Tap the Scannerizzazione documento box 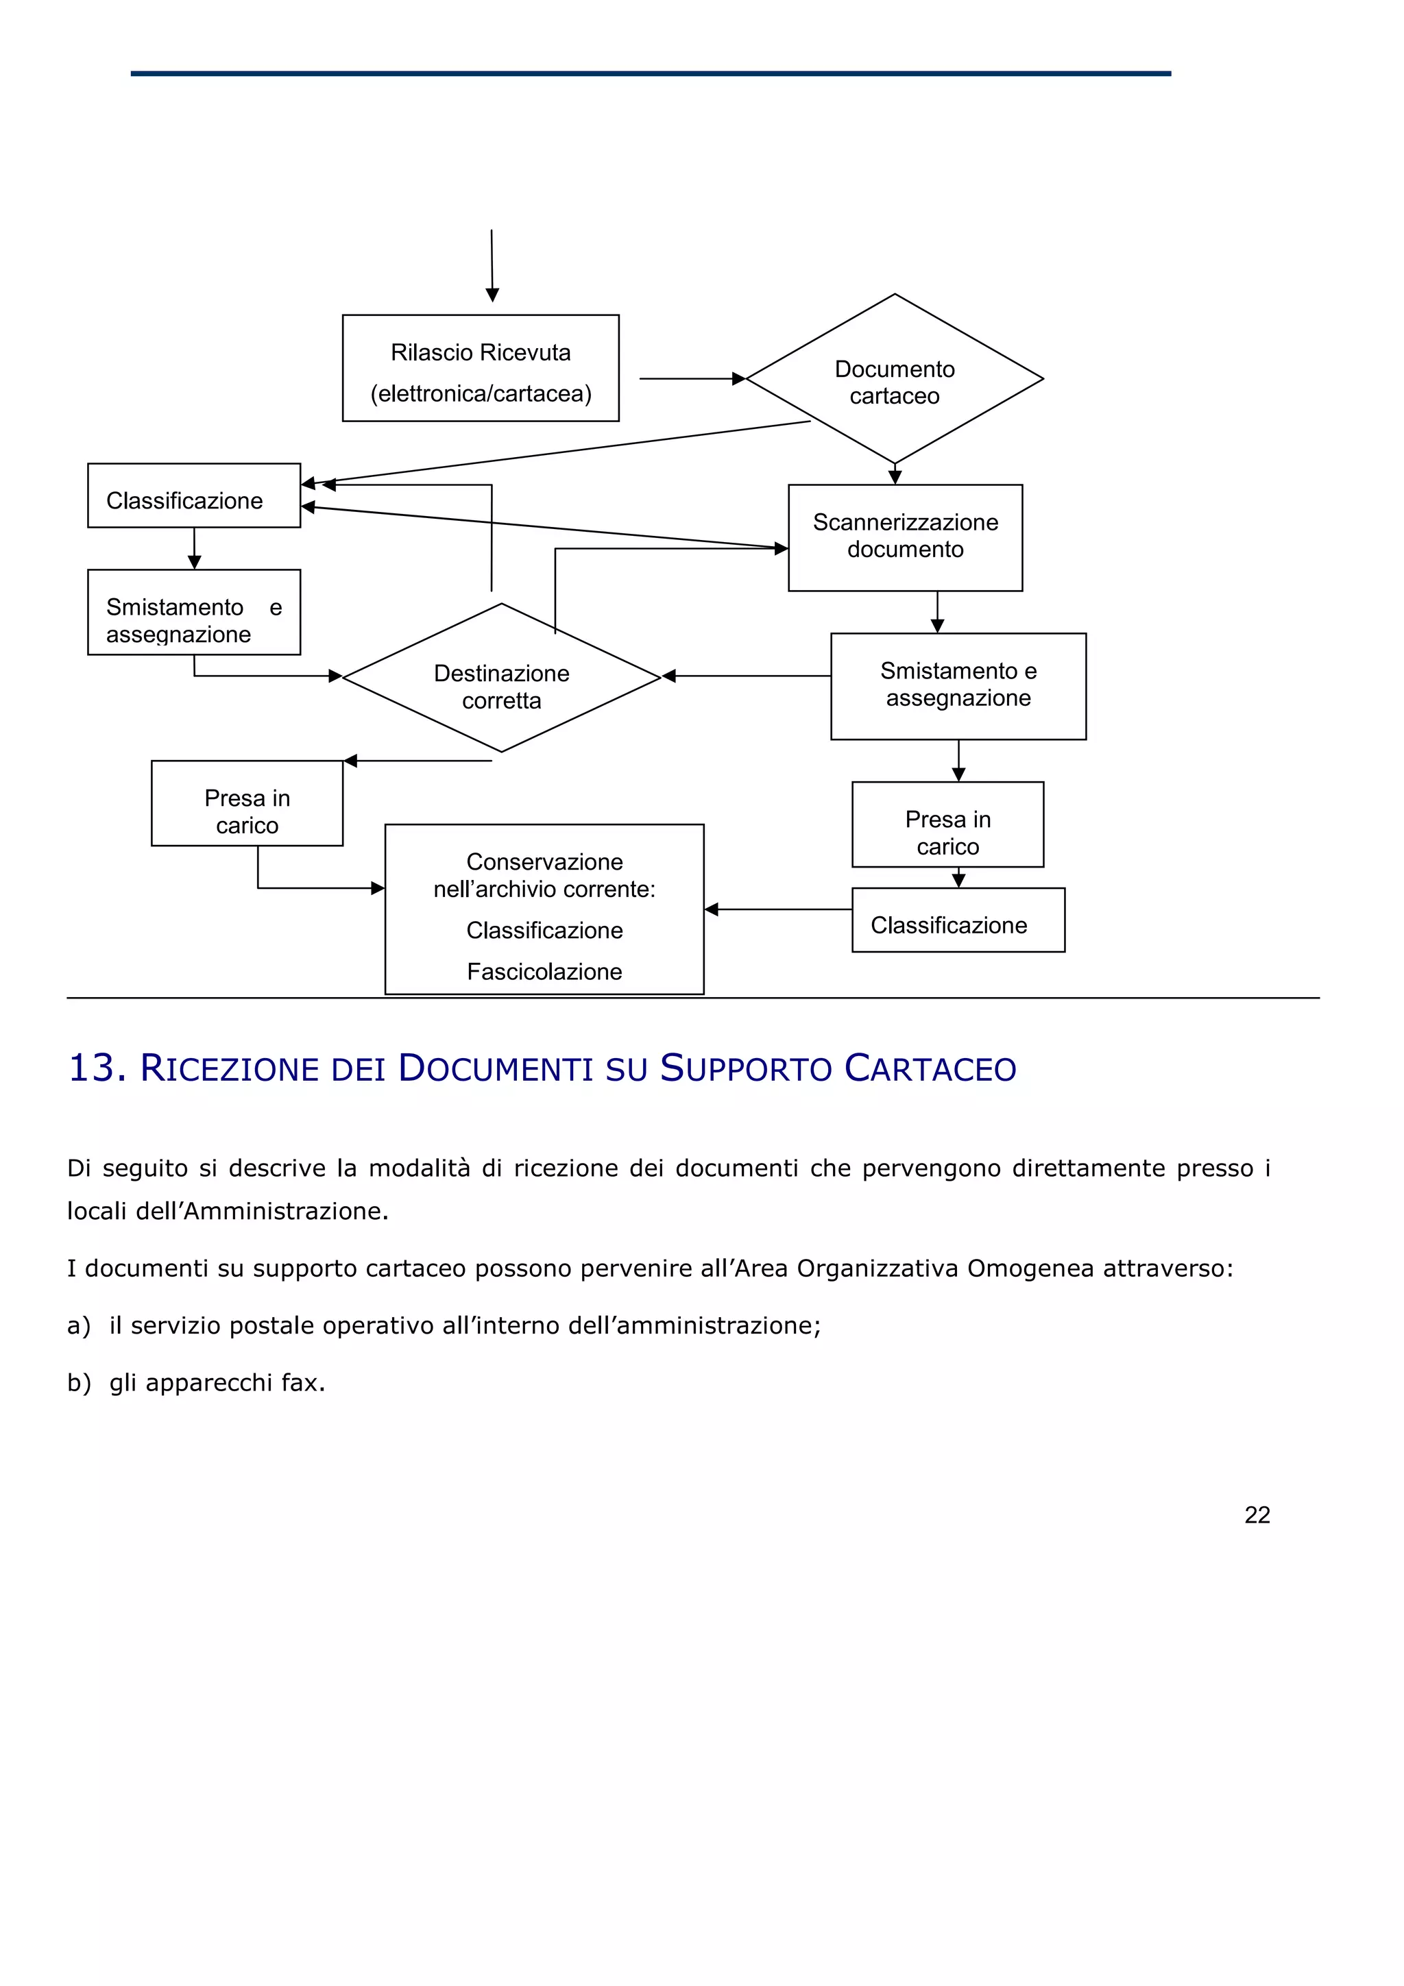[x=904, y=537]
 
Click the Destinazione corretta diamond [x=501, y=678]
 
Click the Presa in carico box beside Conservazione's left [x=247, y=804]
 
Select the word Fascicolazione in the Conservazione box [x=544, y=972]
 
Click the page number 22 [x=1256, y=1515]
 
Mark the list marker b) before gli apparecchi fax [x=78, y=1382]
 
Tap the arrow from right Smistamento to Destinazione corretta [x=746, y=676]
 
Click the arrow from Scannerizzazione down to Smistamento [x=937, y=611]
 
